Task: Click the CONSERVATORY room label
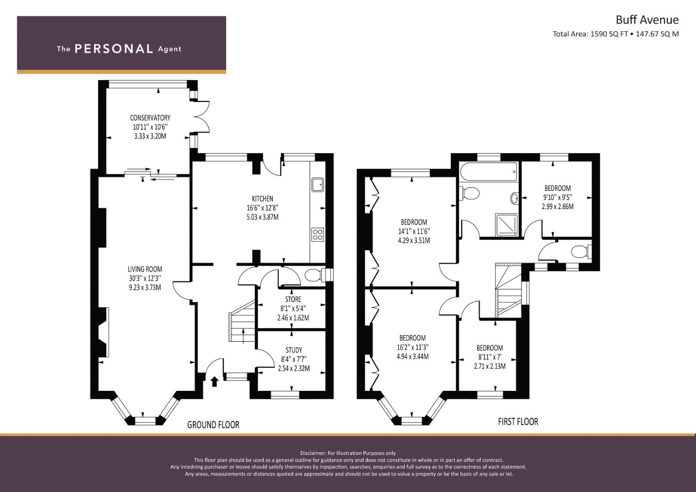[150, 118]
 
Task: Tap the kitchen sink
[318, 185]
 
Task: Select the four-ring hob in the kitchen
[318, 235]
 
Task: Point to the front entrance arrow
[214, 381]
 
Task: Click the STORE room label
[293, 299]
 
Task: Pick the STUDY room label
[294, 350]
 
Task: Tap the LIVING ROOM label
[145, 269]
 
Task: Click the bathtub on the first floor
[489, 172]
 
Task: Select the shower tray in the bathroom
[506, 225]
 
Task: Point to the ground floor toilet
[314, 275]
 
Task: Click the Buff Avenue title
[647, 20]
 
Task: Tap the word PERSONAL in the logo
[114, 49]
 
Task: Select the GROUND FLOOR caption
[213, 425]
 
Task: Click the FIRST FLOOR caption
[518, 421]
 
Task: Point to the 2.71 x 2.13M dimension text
[490, 366]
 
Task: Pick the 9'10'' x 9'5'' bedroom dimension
[558, 197]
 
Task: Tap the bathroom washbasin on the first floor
[514, 198]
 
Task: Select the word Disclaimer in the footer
[313, 453]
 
